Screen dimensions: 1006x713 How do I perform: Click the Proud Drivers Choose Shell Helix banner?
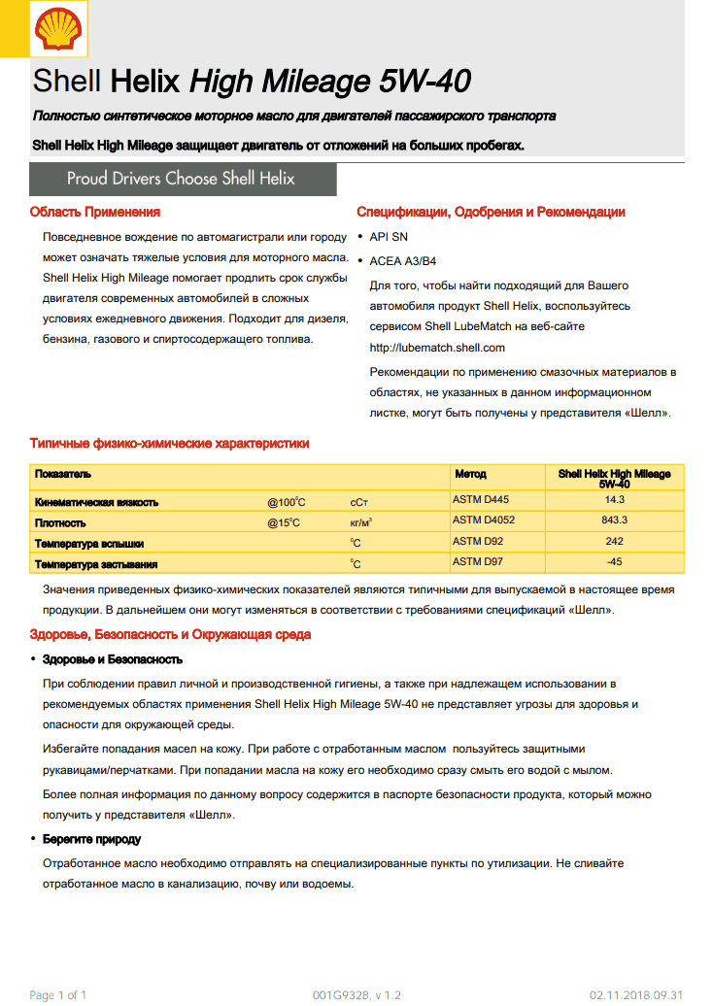click(182, 179)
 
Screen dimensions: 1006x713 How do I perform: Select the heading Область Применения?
click(94, 212)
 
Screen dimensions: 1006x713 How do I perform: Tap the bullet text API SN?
click(389, 237)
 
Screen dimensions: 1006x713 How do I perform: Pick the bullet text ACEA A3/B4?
click(402, 261)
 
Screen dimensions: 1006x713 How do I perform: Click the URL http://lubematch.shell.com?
click(437, 347)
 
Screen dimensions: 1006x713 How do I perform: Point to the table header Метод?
click(471, 474)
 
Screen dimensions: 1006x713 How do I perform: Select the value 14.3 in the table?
click(614, 500)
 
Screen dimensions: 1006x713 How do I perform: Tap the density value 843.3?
click(614, 520)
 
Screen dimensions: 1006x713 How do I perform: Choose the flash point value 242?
click(614, 542)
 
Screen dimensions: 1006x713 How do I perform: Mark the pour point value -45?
click(614, 562)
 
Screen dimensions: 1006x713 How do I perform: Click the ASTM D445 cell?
click(481, 500)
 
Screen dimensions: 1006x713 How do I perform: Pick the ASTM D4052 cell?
click(484, 520)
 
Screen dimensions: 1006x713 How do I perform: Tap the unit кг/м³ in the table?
click(361, 522)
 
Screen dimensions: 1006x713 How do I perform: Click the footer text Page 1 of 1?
click(59, 995)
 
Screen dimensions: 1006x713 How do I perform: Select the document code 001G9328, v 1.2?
click(356, 995)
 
